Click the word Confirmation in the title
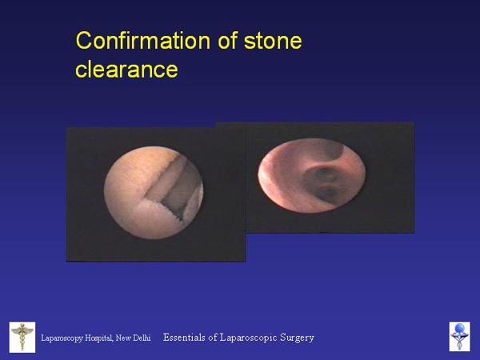click(x=143, y=41)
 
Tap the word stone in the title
click(x=273, y=41)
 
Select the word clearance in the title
click(x=126, y=69)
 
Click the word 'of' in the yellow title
click(x=228, y=40)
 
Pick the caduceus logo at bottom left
click(x=22, y=337)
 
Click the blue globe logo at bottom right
click(x=459, y=337)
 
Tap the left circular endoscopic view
click(x=154, y=193)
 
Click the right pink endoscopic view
click(x=312, y=176)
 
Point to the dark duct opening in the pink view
click(x=322, y=184)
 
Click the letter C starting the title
click(x=83, y=41)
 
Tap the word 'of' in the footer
click(x=213, y=338)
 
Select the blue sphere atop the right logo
click(x=459, y=328)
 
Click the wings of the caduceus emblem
click(x=22, y=330)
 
